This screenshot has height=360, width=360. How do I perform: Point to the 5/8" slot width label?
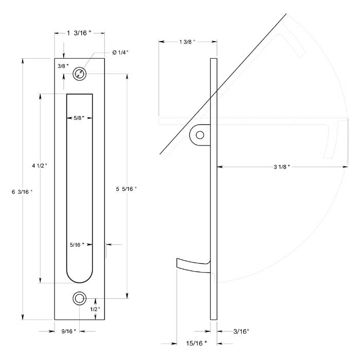click(x=79, y=118)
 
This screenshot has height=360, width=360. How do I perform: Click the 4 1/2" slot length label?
click(x=39, y=166)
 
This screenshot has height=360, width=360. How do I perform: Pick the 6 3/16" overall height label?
click(x=22, y=192)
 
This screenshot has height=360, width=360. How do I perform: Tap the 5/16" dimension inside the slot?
click(x=77, y=244)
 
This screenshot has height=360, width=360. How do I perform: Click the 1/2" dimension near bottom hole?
click(x=95, y=309)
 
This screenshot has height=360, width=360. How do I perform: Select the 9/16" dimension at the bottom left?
click(x=68, y=331)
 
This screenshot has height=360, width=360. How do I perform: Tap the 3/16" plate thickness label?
click(x=241, y=332)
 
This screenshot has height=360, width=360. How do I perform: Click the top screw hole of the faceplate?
click(x=79, y=74)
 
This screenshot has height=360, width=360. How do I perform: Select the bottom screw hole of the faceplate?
click(x=79, y=299)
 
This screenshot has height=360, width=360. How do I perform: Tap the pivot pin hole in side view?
click(x=200, y=135)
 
